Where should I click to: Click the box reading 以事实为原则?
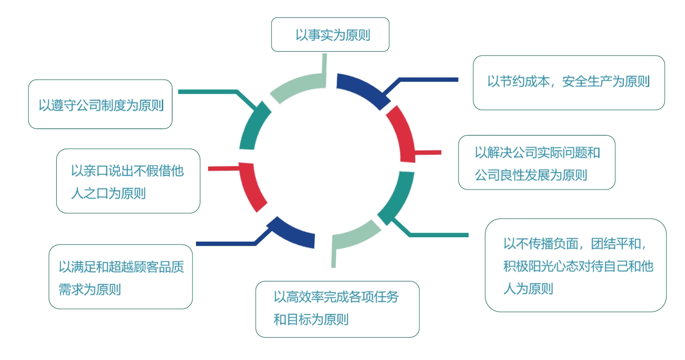click(x=330, y=34)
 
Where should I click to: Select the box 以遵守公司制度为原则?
click(x=100, y=104)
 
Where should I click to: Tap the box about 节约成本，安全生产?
click(x=569, y=83)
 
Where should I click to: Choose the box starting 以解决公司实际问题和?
click(x=537, y=163)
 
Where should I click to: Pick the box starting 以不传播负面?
click(x=576, y=265)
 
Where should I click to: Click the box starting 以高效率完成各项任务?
click(x=337, y=309)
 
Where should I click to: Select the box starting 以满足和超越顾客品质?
click(x=121, y=276)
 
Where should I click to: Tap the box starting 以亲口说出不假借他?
click(x=128, y=181)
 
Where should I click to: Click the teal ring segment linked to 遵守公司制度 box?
click(x=253, y=125)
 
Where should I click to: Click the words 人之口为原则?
click(x=108, y=193)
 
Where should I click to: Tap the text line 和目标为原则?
click(x=311, y=320)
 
